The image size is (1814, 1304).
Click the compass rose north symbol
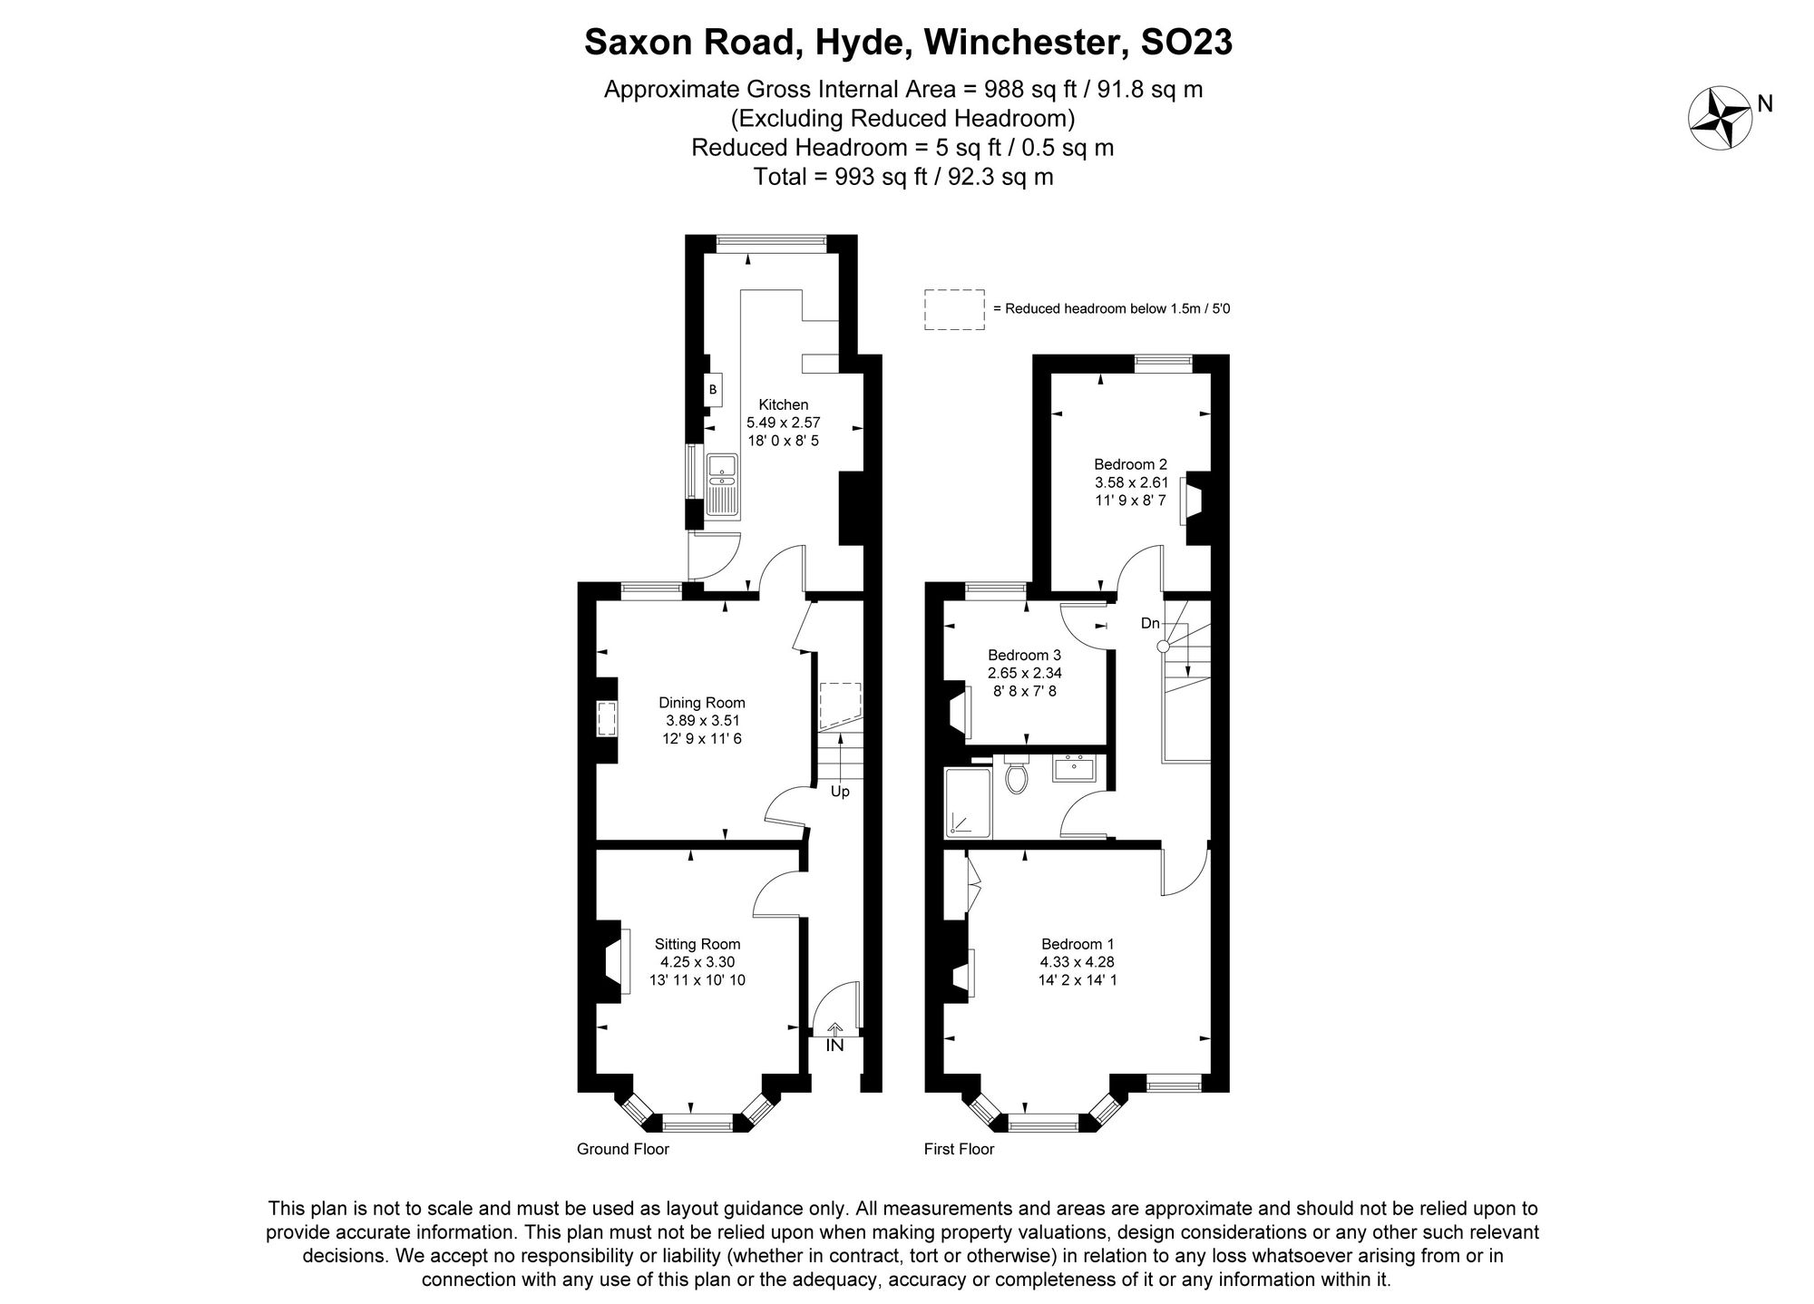(1719, 119)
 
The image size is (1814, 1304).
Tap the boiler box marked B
(713, 389)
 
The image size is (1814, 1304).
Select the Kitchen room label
(784, 404)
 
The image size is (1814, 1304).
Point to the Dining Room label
(702, 702)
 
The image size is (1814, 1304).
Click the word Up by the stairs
(840, 792)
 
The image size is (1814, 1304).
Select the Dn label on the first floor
(1150, 623)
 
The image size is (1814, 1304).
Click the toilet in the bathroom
(1017, 774)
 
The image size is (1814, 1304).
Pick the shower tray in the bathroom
(969, 803)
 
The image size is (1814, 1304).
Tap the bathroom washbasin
(1074, 767)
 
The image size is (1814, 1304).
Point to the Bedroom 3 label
(1025, 655)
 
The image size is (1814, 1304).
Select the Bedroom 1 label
(1078, 943)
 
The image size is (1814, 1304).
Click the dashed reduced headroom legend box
(954, 309)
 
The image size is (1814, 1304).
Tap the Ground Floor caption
(623, 1149)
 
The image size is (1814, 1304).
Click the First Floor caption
(959, 1149)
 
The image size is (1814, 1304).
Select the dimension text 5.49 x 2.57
(784, 423)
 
